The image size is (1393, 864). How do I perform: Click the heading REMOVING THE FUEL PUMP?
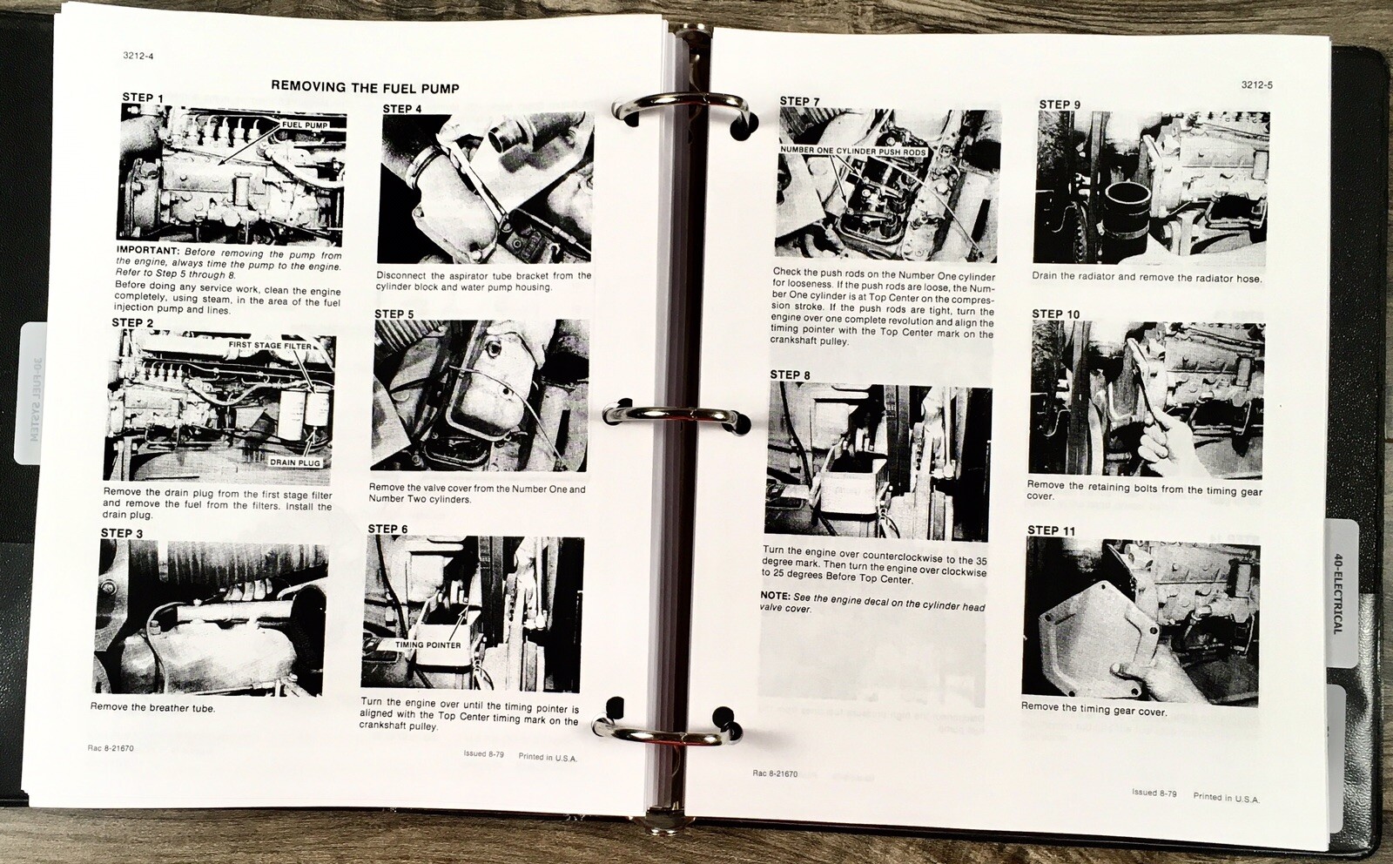click(365, 87)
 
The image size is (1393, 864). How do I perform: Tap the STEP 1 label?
click(144, 98)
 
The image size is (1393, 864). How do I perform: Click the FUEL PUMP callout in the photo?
click(305, 125)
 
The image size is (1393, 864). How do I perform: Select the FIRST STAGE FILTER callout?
click(269, 346)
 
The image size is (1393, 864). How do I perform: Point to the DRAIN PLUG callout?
click(295, 462)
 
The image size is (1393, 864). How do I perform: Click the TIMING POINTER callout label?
click(427, 645)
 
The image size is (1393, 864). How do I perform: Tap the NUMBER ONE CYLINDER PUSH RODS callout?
click(853, 151)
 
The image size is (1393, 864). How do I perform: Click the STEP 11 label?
click(1051, 530)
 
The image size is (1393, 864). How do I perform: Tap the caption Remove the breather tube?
click(152, 707)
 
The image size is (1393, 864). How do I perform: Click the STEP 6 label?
click(387, 529)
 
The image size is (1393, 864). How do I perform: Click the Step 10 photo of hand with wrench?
click(1146, 399)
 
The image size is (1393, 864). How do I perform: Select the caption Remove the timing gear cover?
click(1094, 709)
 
